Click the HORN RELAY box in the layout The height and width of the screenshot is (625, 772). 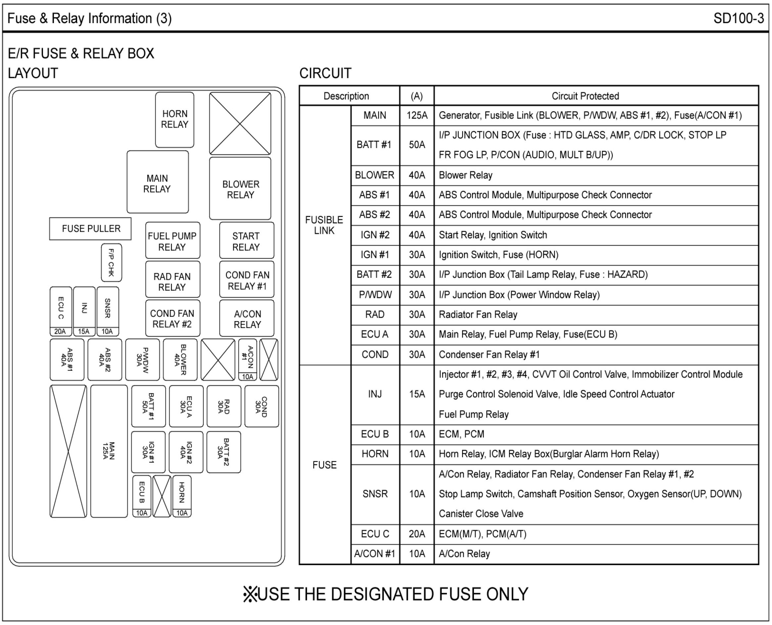pyautogui.click(x=175, y=119)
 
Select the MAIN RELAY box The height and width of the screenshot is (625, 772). pyautogui.click(x=157, y=182)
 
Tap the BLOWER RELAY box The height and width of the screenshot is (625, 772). pyautogui.click(x=240, y=188)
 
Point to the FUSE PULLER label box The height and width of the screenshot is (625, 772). pyautogui.click(x=90, y=229)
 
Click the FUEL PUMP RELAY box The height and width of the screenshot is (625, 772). pyautogui.click(x=172, y=240)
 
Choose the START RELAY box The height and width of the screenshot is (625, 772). pyautogui.click(x=246, y=240)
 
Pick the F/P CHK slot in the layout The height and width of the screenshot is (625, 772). pyautogui.click(x=111, y=263)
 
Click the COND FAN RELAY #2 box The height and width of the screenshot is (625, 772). pyautogui.click(x=172, y=318)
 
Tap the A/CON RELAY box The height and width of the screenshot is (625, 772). pyautogui.click(x=247, y=318)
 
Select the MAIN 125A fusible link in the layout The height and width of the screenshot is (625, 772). pyautogui.click(x=109, y=451)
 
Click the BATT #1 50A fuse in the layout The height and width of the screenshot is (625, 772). pyautogui.click(x=149, y=406)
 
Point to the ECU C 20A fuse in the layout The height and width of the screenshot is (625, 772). pyautogui.click(x=61, y=311)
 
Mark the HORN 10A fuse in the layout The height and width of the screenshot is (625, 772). pyautogui.click(x=182, y=496)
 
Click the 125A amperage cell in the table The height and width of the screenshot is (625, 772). pyautogui.click(x=417, y=115)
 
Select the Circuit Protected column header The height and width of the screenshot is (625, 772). pyautogui.click(x=585, y=96)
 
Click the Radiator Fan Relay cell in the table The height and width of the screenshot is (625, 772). pyautogui.click(x=478, y=315)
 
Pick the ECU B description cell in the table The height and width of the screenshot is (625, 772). pyautogui.click(x=375, y=434)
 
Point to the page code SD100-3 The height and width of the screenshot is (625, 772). pyautogui.click(x=739, y=19)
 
